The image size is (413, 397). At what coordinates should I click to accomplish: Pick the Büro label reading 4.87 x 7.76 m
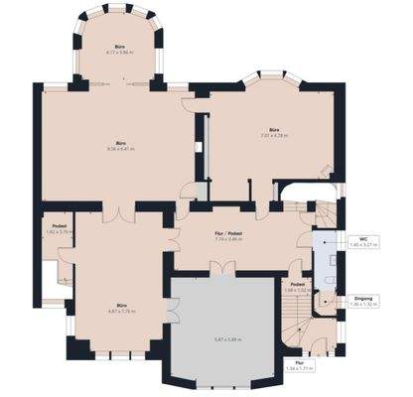pyautogui.click(x=118, y=306)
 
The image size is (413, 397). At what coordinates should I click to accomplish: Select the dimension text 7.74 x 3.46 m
pyautogui.click(x=229, y=239)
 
